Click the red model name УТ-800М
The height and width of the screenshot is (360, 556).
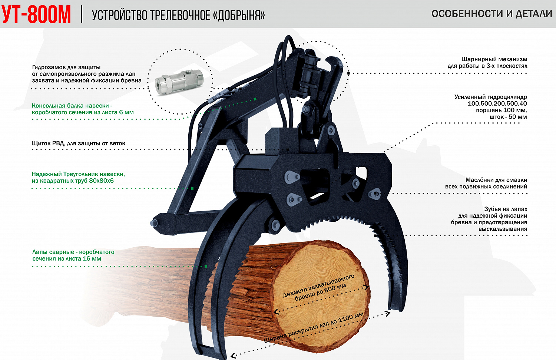[36, 15]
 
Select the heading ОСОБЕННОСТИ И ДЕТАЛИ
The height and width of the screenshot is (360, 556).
[492, 14]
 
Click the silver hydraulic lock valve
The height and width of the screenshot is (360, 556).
[179, 82]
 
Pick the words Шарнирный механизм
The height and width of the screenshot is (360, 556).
[494, 59]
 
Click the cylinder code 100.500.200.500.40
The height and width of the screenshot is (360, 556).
[497, 103]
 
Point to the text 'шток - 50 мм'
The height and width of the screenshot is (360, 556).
[508, 117]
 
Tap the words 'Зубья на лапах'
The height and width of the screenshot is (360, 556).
[506, 209]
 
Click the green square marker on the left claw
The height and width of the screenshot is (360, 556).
[206, 267]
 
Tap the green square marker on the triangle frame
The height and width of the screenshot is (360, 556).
[192, 188]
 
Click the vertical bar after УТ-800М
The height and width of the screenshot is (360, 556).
[82, 15]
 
